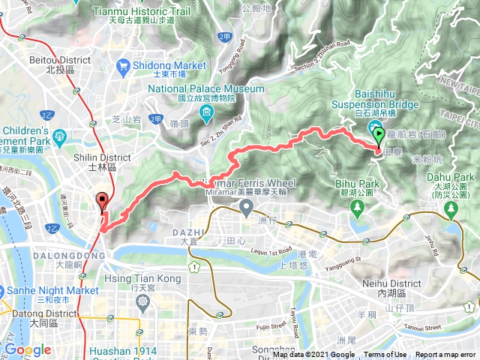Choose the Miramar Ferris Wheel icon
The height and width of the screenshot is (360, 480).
[245, 205]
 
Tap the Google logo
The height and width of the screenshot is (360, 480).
[27, 349]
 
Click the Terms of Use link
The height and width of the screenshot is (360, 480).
[385, 355]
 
